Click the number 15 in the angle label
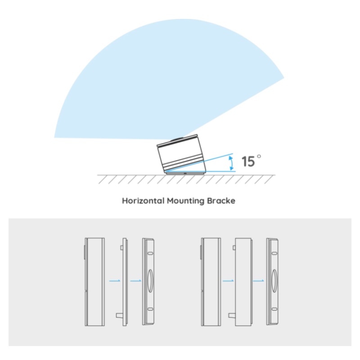pos(248,161)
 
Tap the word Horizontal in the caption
pos(143,201)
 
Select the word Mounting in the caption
pos(185,201)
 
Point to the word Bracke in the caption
pos(221,201)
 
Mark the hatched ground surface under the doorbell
pos(186,179)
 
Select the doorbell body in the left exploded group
pos(94,282)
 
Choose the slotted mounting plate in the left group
pos(148,282)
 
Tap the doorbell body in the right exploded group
pos(211,282)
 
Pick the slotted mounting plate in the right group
pos(272,282)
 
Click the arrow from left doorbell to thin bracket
pos(115,280)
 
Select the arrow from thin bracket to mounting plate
pos(136,280)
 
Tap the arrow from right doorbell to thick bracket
pos(228,280)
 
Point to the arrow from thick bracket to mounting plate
pos(258,280)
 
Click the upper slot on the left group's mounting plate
pos(150,253)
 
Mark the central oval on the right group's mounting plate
pos(274,281)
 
